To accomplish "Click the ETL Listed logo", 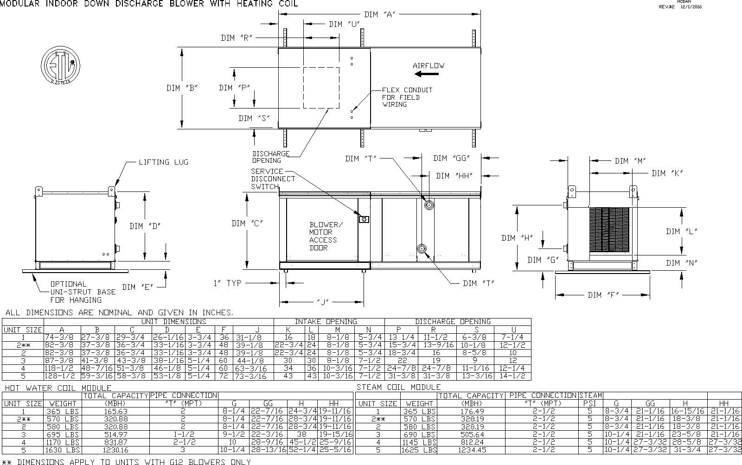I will coord(60,65).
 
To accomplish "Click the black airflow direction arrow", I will coord(427,74).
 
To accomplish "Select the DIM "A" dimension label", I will coord(379,14).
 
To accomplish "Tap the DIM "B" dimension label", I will coord(182,88).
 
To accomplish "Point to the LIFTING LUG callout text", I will coord(164,162).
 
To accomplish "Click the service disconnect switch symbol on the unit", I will coord(364,219).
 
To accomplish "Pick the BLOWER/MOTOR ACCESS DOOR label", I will coord(326,236).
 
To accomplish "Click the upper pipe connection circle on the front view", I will coord(429,204).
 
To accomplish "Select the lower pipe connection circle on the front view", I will coord(422,249).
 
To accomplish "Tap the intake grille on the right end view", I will coord(609,230).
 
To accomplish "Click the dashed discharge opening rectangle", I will coord(321,88).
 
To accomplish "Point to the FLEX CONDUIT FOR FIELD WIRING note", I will coord(407,97).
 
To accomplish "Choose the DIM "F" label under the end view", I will coord(603,295).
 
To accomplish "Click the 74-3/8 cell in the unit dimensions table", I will coord(62,338).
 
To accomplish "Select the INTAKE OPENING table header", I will coord(326,321).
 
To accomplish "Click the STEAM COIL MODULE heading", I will coord(398,387).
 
